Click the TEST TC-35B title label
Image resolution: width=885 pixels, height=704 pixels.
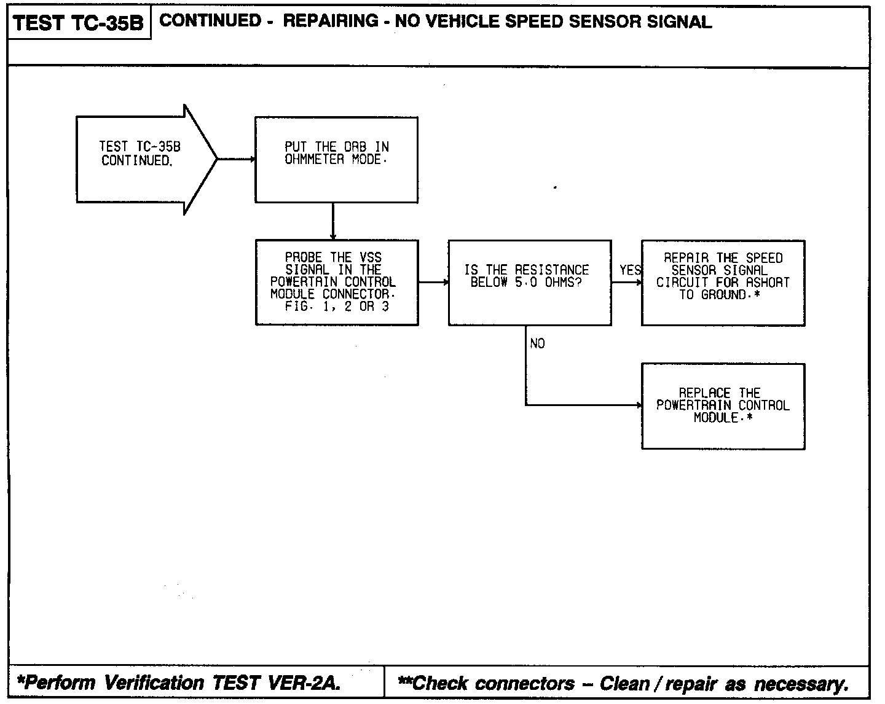(78, 23)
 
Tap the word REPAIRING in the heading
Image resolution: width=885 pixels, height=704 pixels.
(331, 22)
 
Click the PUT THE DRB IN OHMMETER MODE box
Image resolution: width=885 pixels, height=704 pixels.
(336, 159)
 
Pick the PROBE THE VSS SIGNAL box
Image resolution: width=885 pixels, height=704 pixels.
(336, 282)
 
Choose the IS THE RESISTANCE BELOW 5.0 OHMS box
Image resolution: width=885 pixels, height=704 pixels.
(529, 282)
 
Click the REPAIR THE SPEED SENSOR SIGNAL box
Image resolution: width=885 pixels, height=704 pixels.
(723, 282)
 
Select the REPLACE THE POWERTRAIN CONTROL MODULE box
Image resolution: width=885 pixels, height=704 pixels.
(723, 405)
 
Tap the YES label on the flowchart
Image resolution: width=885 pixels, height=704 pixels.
(630, 270)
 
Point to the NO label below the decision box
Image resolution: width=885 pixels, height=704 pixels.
(537, 344)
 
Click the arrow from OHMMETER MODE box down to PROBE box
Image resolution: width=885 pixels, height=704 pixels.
(332, 221)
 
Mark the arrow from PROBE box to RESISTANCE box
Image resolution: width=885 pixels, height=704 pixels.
(433, 283)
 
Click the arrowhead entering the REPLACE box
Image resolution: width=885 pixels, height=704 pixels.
(638, 405)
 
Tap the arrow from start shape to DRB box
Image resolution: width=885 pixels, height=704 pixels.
(237, 159)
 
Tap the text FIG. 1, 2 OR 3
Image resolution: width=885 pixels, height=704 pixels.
(336, 307)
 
